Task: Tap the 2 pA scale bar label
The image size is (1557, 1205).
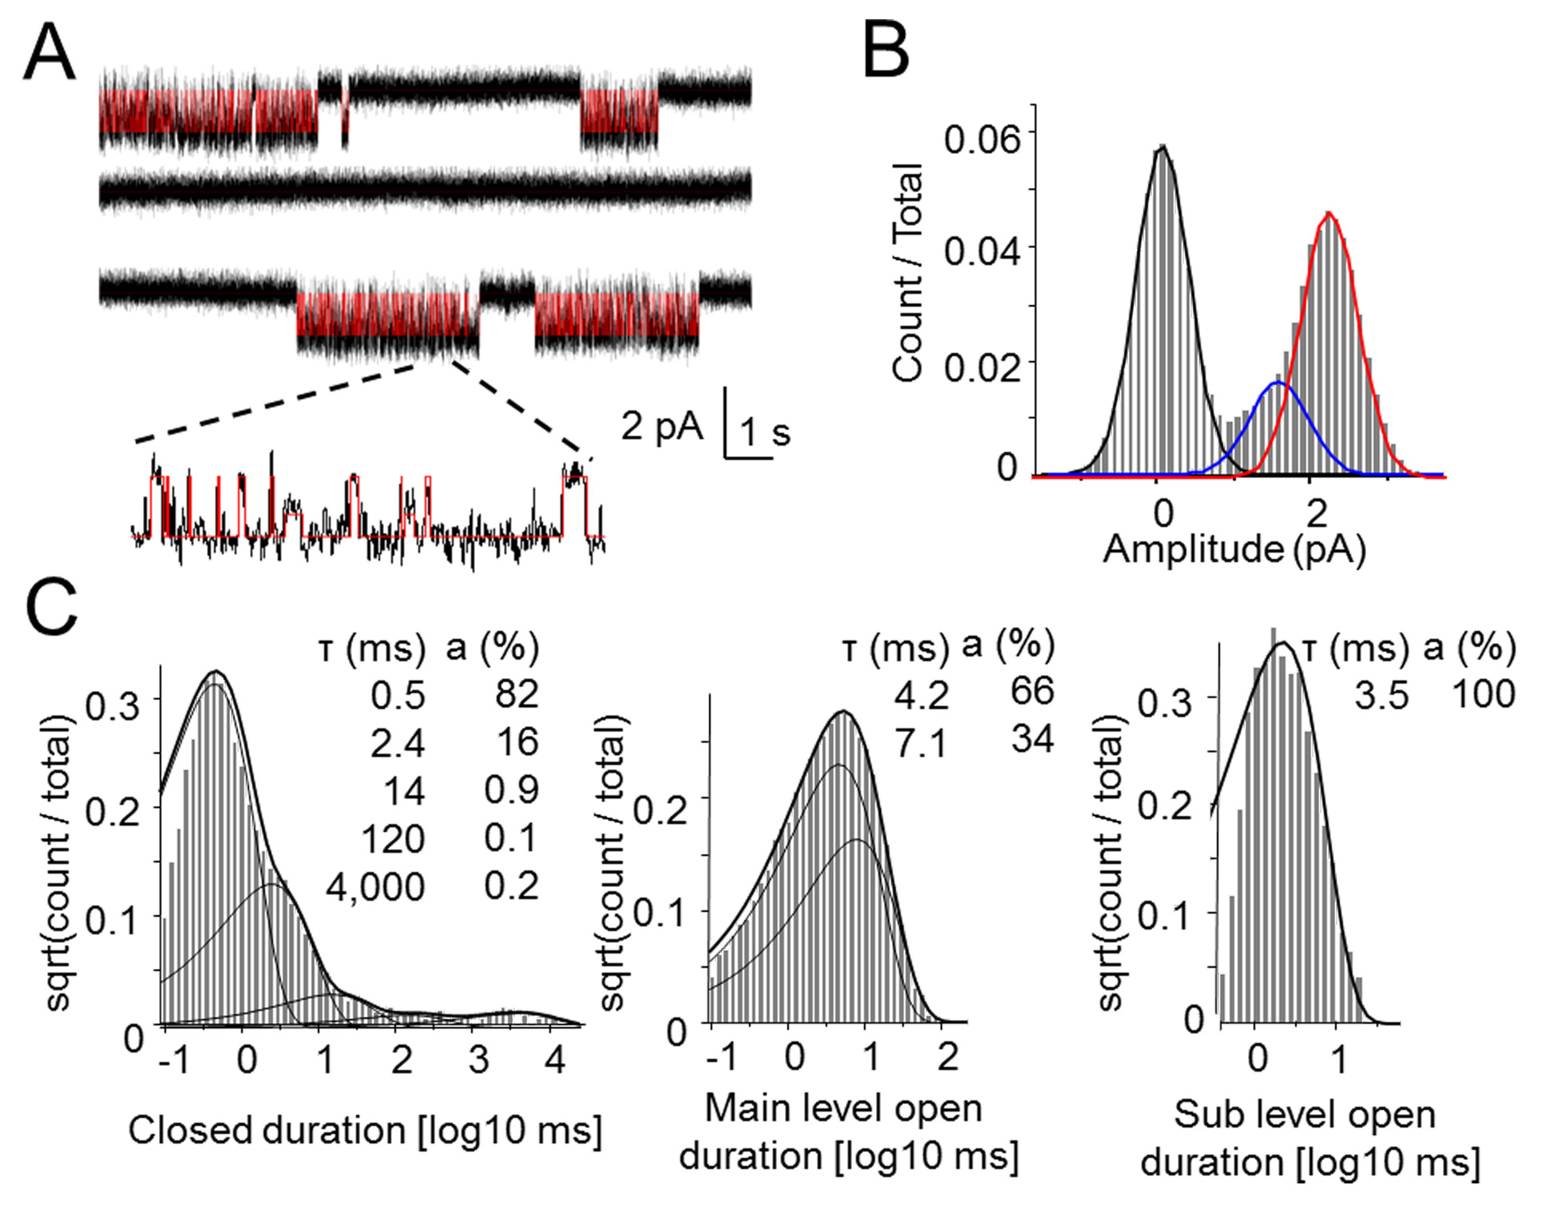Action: pyautogui.click(x=662, y=426)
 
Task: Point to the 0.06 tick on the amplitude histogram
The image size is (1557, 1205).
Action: pyautogui.click(x=982, y=139)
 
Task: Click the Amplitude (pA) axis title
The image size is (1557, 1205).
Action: pyautogui.click(x=1234, y=549)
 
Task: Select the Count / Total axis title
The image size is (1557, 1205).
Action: pyautogui.click(x=909, y=273)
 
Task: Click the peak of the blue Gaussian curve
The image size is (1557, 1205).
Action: pyautogui.click(x=1278, y=383)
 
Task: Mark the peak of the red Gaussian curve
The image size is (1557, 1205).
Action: pyautogui.click(x=1329, y=213)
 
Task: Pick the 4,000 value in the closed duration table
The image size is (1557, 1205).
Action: pyautogui.click(x=375, y=886)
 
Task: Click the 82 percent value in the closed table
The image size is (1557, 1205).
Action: pyautogui.click(x=517, y=694)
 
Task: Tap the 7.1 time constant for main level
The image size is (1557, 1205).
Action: pyautogui.click(x=921, y=743)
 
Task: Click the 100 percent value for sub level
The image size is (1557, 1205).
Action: pyautogui.click(x=1484, y=694)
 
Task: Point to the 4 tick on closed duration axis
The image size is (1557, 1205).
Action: pyautogui.click(x=554, y=1060)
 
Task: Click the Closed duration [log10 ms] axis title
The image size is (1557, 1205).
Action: pyautogui.click(x=365, y=1130)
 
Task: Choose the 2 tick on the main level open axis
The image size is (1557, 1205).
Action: pyautogui.click(x=947, y=1057)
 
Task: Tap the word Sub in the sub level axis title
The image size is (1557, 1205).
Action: pyautogui.click(x=1201, y=1114)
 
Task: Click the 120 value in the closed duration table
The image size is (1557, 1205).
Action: pyautogui.click(x=393, y=839)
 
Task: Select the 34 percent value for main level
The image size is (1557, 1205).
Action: pyautogui.click(x=1032, y=739)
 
